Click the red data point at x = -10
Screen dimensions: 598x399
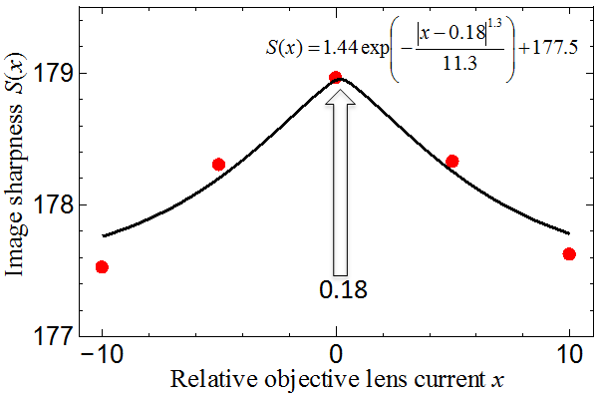(102, 267)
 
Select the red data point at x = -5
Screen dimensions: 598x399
(218, 165)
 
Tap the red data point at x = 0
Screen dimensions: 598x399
(336, 77)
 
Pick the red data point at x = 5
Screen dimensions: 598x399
(452, 162)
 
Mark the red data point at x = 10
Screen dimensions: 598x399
(569, 254)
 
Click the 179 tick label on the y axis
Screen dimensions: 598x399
(54, 73)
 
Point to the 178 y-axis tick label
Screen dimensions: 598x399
(54, 205)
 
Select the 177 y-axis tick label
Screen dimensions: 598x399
(54, 336)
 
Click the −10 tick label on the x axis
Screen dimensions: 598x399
(103, 355)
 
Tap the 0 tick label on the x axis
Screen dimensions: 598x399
(336, 355)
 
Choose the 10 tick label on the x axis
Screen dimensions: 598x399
(569, 355)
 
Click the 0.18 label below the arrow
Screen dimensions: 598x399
(343, 289)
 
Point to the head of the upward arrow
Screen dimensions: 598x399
(340, 91)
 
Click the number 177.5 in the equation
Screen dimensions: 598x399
(555, 48)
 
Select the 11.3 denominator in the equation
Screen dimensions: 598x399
(459, 63)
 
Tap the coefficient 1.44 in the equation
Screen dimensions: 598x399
(340, 48)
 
